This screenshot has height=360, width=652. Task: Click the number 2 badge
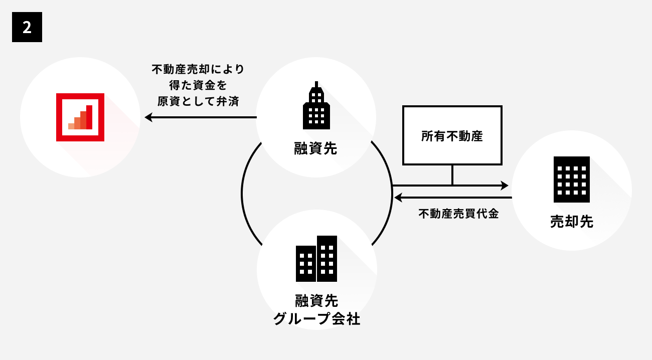coord(27,27)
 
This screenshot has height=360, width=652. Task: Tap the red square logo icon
coord(80,117)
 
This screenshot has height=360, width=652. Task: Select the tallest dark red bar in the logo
coord(89,117)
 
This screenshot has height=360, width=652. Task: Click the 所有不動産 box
coord(452,135)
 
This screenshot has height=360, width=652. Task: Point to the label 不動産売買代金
coord(458,214)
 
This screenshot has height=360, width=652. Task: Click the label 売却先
coord(571,222)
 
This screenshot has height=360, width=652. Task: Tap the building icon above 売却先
coord(571,179)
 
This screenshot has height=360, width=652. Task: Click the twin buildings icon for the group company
coord(316,259)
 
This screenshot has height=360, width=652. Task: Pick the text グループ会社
coord(316,319)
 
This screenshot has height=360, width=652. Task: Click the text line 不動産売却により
coord(198,69)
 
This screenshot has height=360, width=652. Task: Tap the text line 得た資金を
coord(198,85)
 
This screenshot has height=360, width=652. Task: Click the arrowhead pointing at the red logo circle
coord(148,117)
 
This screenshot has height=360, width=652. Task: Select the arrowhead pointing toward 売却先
coord(505,186)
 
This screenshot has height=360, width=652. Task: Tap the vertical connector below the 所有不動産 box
coord(452,175)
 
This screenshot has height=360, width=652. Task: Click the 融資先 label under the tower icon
coord(316,148)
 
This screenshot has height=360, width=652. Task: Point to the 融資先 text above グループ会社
coord(316,301)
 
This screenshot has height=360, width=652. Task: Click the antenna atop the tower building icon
coord(316,84)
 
